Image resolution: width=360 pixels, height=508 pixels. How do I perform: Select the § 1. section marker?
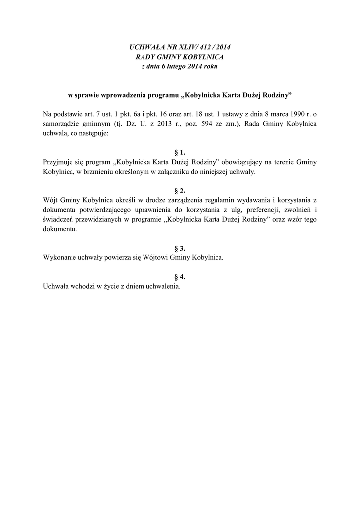(x=180, y=152)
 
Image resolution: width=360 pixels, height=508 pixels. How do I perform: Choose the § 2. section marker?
(x=180, y=190)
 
